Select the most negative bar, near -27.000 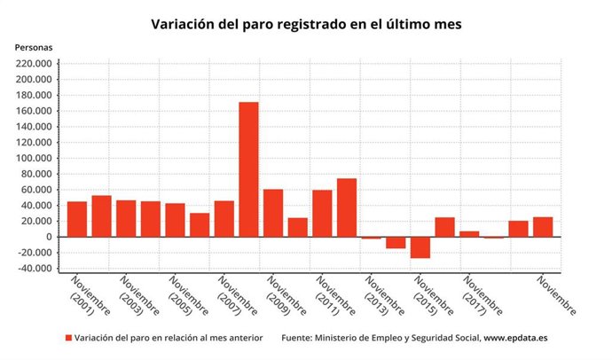(420, 247)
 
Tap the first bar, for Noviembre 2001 (77, 219)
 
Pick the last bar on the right (543, 227)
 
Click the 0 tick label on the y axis (49, 237)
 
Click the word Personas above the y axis (34, 46)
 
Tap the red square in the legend (67, 339)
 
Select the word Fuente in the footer (299, 339)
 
